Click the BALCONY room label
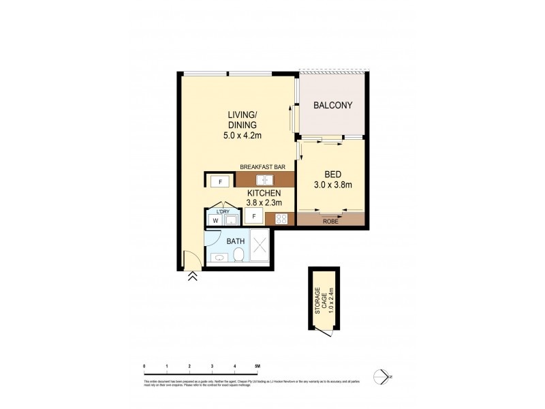point(332,106)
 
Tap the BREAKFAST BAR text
point(262,166)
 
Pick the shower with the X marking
point(260,247)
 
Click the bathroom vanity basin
point(219,257)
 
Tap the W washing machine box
point(215,219)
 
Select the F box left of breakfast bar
point(220,181)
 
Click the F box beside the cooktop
point(253,217)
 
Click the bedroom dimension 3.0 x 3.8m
point(332,184)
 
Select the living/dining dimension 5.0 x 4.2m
point(243,136)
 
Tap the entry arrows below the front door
point(193,276)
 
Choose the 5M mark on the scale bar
point(257,367)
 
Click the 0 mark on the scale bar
point(144,367)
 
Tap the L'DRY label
point(222,211)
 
